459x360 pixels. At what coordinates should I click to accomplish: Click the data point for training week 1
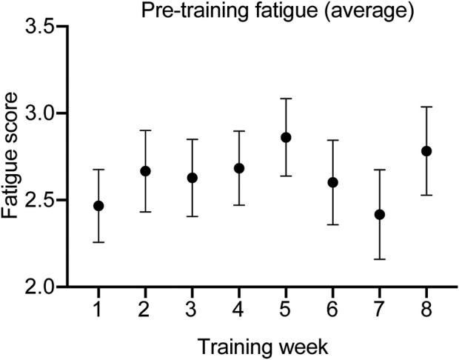click(98, 206)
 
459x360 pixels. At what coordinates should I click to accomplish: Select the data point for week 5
click(286, 137)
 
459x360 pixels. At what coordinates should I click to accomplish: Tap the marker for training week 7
click(380, 215)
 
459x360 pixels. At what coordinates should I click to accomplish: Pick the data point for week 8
click(426, 151)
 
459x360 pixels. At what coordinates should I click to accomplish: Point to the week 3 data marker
click(192, 178)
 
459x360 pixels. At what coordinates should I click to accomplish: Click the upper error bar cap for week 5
click(286, 99)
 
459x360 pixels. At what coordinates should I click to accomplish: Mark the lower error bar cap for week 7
click(380, 259)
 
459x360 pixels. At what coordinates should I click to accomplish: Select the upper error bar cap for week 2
click(146, 130)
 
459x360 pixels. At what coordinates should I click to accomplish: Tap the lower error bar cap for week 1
click(98, 242)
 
